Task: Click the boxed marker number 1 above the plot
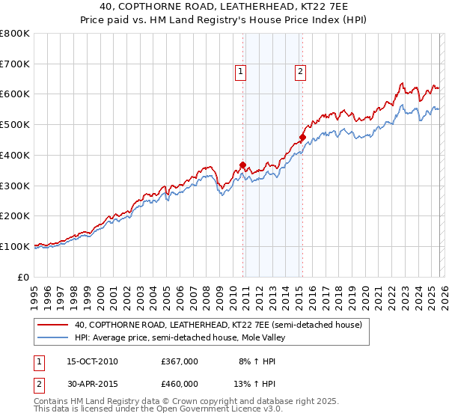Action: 241,72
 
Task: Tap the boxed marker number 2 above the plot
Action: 300,72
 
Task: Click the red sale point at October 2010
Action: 242,165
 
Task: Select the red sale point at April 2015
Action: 302,137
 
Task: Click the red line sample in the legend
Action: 53,325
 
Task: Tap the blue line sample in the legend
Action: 53,337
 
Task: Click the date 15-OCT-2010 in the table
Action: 90,361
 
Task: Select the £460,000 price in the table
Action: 179,384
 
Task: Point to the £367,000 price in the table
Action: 179,361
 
